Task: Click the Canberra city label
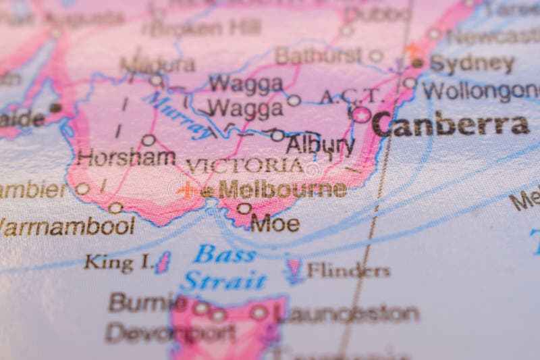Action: click(x=450, y=124)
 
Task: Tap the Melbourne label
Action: click(x=282, y=190)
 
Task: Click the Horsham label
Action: click(x=126, y=157)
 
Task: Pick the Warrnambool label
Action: click(x=67, y=226)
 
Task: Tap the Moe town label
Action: click(x=275, y=223)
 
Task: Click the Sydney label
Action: click(x=472, y=64)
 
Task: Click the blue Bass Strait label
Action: click(x=223, y=267)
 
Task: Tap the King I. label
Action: click(x=117, y=262)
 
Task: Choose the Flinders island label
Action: click(x=348, y=271)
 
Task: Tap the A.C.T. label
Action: click(x=351, y=97)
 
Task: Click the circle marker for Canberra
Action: click(x=361, y=115)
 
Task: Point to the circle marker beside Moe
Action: click(x=244, y=209)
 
